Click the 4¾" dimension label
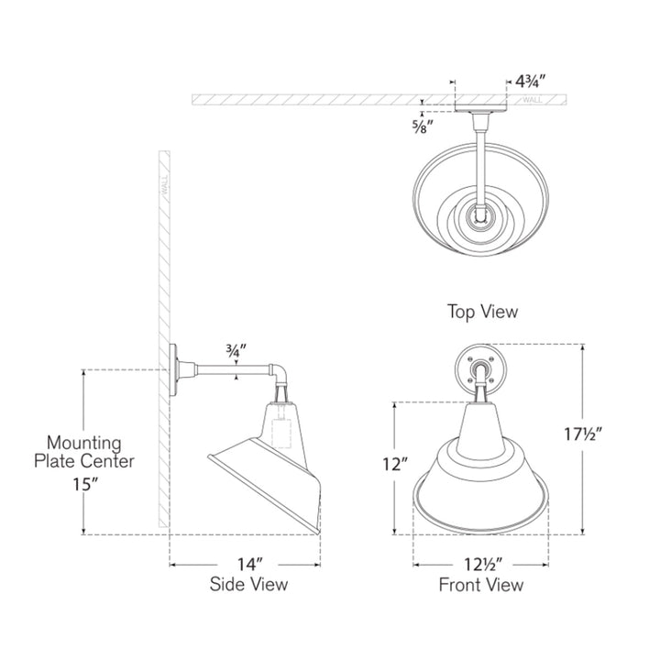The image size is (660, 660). click(x=531, y=82)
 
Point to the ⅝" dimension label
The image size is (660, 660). click(x=423, y=126)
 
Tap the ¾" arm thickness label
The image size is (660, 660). click(x=236, y=350)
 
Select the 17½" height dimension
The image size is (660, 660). click(x=583, y=434)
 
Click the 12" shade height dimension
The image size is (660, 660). click(x=395, y=464)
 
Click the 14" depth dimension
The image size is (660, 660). click(x=250, y=564)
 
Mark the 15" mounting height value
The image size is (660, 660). click(x=85, y=484)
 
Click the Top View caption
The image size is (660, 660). click(x=482, y=312)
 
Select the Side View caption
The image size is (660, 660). click(x=248, y=584)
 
